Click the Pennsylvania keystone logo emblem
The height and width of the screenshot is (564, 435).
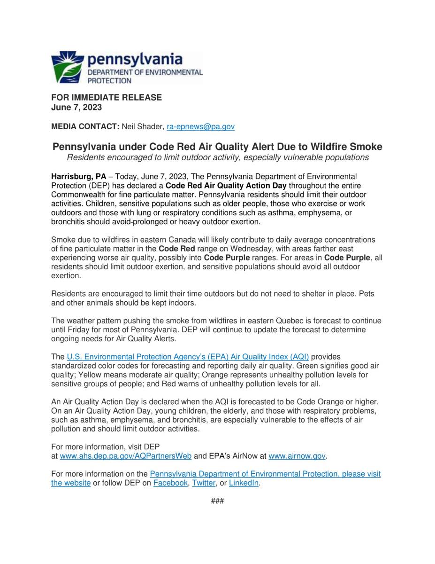[68, 68]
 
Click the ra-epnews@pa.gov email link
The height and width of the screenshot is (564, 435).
[200, 126]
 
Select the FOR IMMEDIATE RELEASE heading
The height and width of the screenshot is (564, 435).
[107, 97]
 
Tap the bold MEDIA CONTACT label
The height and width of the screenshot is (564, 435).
[85, 126]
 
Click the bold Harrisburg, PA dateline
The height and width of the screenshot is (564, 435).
[79, 177]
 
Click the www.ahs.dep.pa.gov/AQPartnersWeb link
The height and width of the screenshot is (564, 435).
[126, 456]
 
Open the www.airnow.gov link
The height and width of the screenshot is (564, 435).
[297, 456]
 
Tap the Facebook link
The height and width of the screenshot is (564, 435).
[170, 483]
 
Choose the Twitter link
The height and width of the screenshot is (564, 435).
[204, 483]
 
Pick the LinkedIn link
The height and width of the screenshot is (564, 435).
[244, 483]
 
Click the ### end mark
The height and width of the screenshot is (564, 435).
[217, 501]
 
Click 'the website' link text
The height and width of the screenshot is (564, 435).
[71, 483]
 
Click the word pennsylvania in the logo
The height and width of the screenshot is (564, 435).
[135, 60]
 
